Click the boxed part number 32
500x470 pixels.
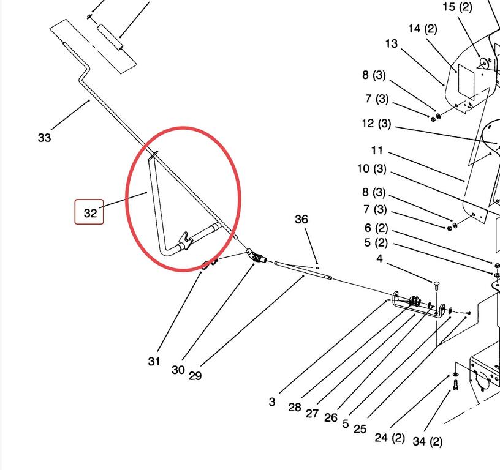click(89, 212)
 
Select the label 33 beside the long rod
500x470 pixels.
click(44, 138)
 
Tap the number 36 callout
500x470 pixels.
click(301, 219)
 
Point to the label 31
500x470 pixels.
click(154, 361)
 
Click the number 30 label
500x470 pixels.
click(178, 370)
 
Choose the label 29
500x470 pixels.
click(195, 376)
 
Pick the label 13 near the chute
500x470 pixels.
click(392, 43)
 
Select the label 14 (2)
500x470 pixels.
click(423, 29)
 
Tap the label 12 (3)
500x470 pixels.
click(376, 124)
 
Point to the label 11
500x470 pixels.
click(377, 150)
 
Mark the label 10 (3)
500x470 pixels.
click(372, 169)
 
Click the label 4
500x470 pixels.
click(379, 259)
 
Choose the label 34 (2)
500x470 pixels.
click(428, 441)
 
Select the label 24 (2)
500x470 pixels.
click(390, 438)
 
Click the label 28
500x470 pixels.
click(295, 408)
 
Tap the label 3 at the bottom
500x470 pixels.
click(271, 401)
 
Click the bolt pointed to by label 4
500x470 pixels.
click(436, 285)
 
